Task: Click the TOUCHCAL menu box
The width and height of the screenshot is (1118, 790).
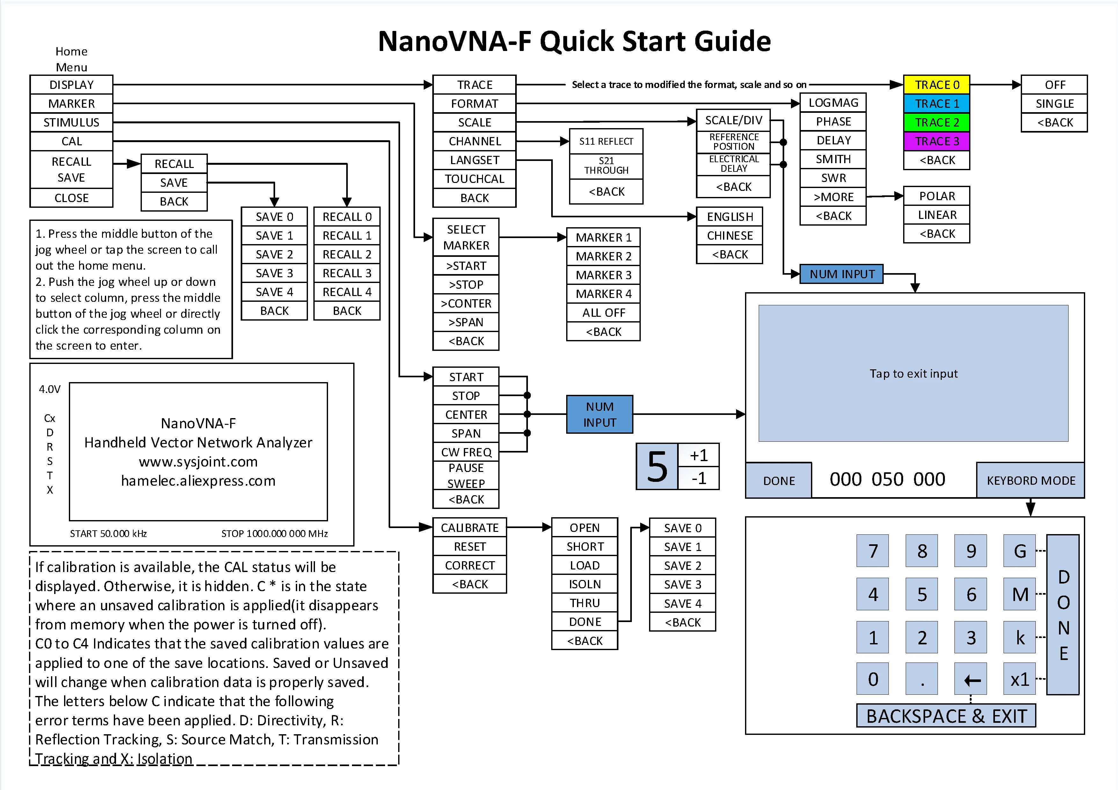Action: click(x=474, y=179)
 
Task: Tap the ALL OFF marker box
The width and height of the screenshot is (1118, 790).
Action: click(x=603, y=313)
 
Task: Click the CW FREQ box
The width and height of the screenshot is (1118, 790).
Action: click(x=466, y=452)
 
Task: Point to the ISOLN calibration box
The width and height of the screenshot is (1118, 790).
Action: click(x=584, y=584)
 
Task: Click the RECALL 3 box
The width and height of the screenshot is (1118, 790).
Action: click(x=347, y=273)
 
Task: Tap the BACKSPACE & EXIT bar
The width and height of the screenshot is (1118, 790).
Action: click(x=946, y=716)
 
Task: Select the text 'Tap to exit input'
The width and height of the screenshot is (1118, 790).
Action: click(x=913, y=373)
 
